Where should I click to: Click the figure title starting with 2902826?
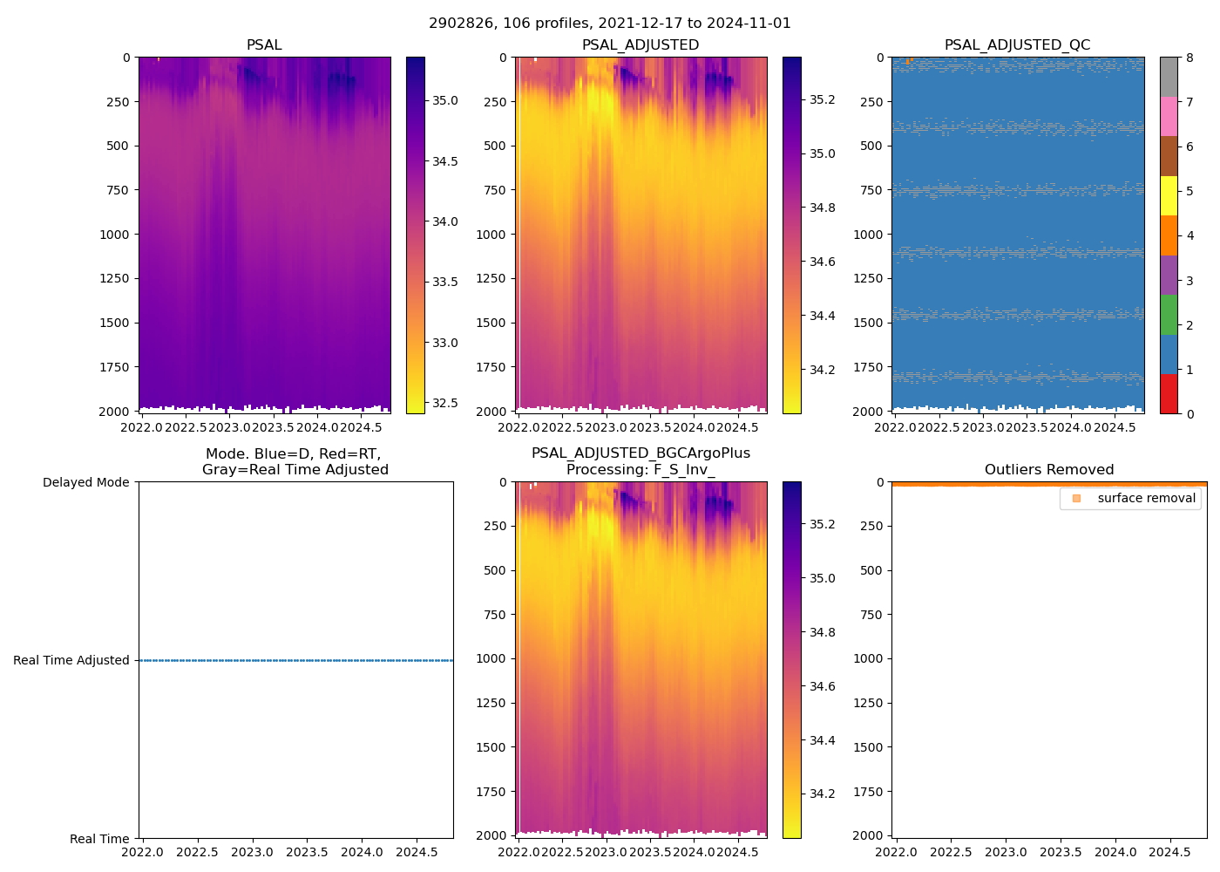click(609, 24)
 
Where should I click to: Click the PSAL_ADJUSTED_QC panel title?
click(1017, 45)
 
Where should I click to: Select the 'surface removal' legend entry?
click(1146, 499)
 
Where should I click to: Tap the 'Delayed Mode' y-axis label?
click(85, 482)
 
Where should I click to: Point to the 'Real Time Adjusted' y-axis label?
click(71, 661)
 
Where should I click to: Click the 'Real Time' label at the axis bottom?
click(99, 839)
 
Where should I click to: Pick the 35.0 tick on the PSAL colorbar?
click(445, 100)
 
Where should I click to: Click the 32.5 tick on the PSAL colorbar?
click(445, 403)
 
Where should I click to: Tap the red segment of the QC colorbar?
click(1169, 393)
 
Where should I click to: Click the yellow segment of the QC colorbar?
click(1169, 195)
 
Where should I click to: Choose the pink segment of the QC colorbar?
click(1169, 116)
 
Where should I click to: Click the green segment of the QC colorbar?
click(1169, 314)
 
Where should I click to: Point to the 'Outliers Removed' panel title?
click(1048, 470)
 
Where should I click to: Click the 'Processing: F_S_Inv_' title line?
click(640, 470)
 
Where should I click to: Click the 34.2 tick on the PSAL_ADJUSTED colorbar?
click(822, 370)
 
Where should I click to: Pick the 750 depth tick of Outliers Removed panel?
click(871, 615)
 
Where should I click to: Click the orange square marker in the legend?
click(1076, 499)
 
